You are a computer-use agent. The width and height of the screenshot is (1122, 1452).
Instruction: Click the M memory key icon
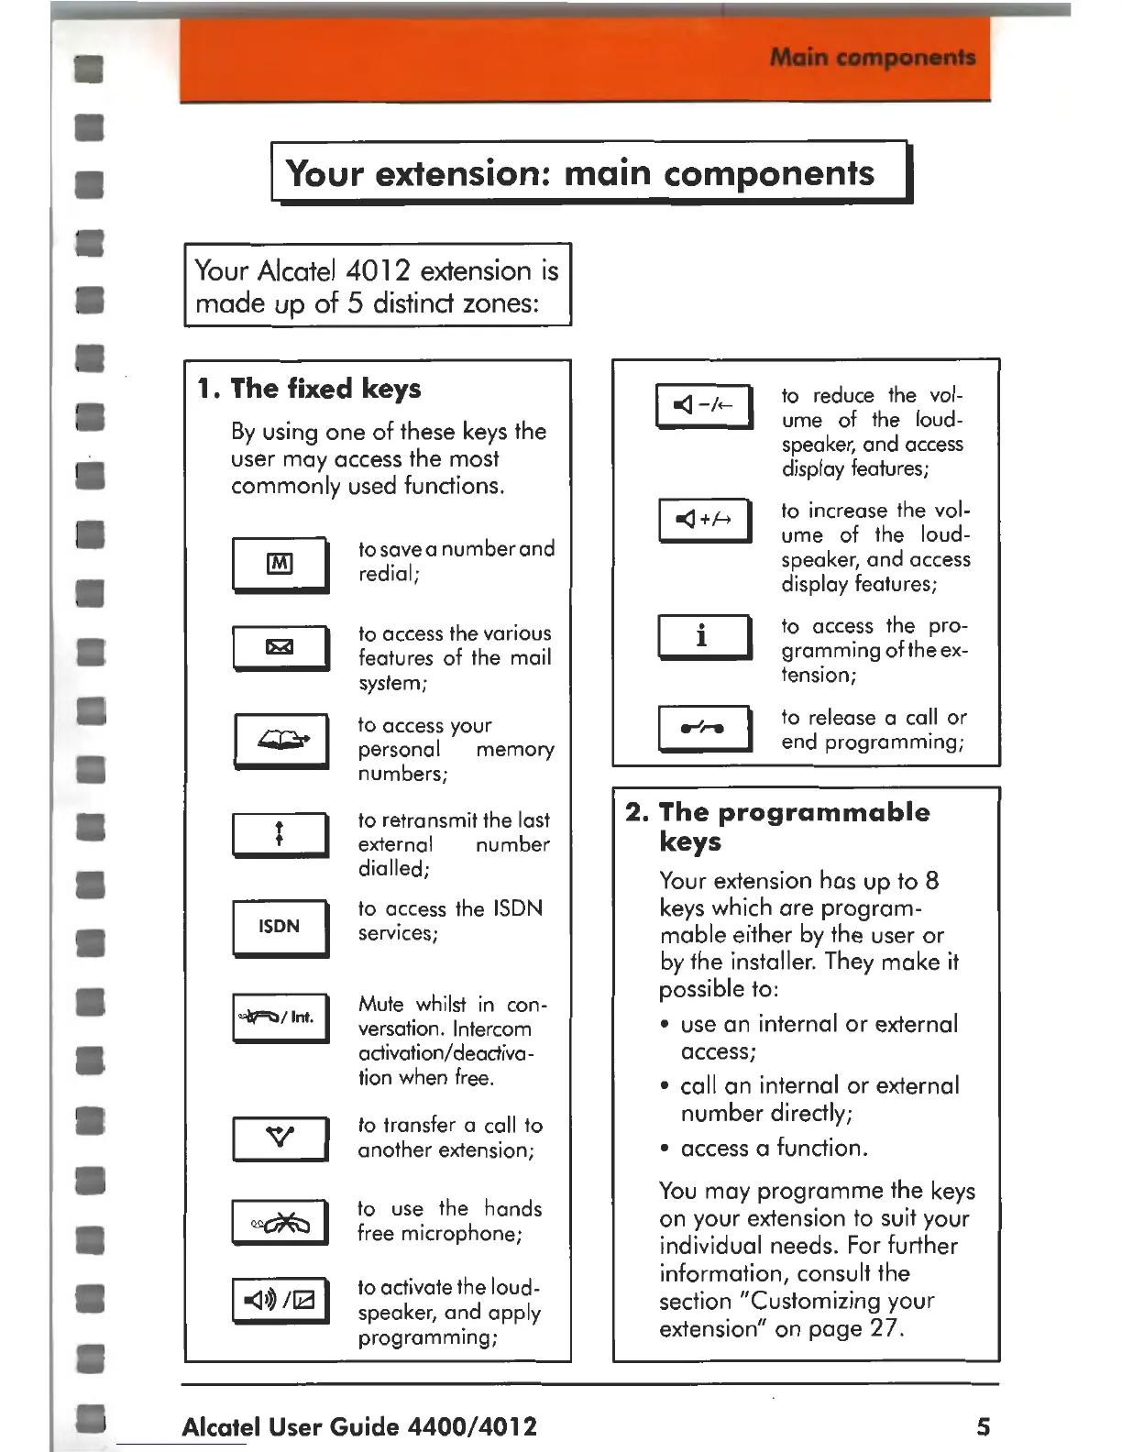pos(280,564)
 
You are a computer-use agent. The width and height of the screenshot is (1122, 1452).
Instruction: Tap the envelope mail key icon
pos(280,647)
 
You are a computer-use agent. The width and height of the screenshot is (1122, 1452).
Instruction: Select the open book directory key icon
pos(280,740)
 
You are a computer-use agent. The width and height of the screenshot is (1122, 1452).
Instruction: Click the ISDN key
pos(280,927)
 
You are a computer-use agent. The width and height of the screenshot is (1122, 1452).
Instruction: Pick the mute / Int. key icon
pos(280,1017)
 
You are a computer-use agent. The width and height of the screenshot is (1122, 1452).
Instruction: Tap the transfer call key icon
pos(280,1138)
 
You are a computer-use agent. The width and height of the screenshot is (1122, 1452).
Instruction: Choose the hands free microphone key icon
pos(280,1222)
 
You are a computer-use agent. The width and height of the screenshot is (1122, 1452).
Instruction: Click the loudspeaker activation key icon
pos(280,1300)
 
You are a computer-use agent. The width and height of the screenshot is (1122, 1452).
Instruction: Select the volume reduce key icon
pos(703,405)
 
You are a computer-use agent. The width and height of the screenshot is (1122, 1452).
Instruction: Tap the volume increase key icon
pos(703,520)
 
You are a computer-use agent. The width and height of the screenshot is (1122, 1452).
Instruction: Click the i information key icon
pos(703,635)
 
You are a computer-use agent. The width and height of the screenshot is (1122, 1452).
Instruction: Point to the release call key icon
pos(703,728)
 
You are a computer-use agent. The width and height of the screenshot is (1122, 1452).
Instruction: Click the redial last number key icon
pos(280,834)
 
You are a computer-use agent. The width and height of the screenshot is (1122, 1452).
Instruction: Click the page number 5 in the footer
pos(983,1426)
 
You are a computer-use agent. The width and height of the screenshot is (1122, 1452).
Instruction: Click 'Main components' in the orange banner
pos(872,58)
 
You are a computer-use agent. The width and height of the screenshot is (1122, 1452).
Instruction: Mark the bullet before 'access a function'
pos(665,1149)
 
